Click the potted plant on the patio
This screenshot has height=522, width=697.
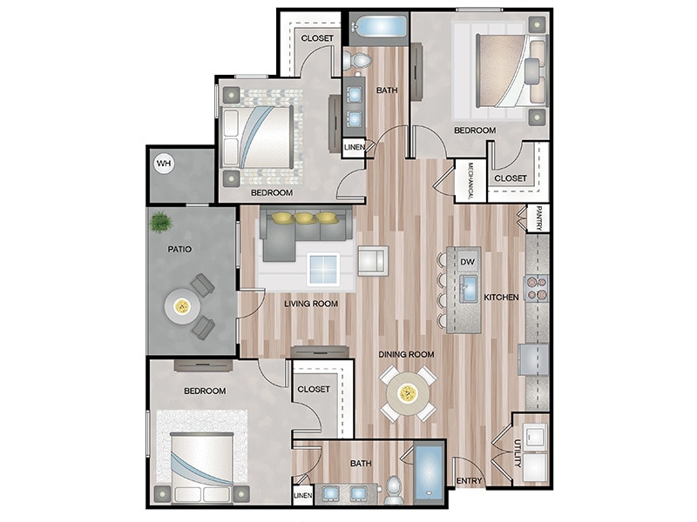(161, 223)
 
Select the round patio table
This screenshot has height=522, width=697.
(182, 305)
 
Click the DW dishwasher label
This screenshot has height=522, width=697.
(466, 261)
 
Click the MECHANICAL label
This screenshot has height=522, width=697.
(470, 181)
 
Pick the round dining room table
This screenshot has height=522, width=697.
(405, 392)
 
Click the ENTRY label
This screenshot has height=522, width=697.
(469, 481)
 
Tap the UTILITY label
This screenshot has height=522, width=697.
(517, 455)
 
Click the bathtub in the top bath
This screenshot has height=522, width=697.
(379, 25)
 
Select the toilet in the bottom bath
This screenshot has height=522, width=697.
(393, 490)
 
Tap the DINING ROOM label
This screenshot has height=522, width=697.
(406, 355)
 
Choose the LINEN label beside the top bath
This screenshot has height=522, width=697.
(354, 148)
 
